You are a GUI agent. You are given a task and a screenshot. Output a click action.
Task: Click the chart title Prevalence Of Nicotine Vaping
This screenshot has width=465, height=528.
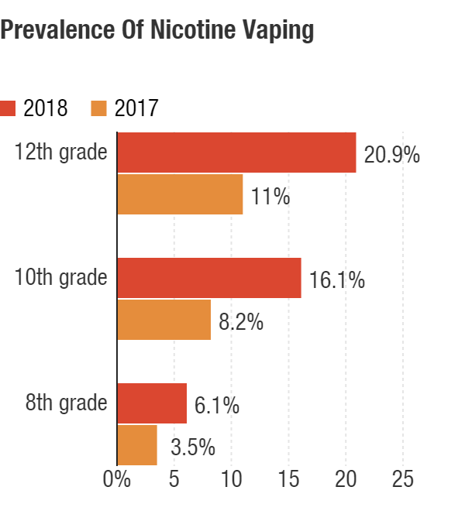(157, 30)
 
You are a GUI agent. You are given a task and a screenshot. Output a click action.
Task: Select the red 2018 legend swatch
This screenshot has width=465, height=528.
(8, 108)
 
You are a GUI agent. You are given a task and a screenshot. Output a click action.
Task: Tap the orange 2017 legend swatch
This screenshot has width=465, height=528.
(98, 108)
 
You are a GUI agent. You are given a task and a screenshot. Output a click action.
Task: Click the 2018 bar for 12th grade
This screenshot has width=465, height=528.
(236, 153)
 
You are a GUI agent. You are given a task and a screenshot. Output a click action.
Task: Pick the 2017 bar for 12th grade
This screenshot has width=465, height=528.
(180, 194)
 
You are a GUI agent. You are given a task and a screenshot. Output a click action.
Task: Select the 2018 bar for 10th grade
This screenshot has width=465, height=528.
(209, 277)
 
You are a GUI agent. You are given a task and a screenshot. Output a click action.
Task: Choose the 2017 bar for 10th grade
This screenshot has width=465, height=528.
(164, 319)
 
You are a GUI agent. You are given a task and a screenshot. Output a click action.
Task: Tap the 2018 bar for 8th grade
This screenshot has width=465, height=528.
(152, 403)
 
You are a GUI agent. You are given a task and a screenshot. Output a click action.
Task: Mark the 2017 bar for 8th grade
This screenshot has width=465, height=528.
(137, 444)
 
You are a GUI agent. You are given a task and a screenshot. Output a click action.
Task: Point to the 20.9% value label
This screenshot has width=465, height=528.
(392, 155)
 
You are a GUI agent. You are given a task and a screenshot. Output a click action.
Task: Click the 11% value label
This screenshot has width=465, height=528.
(270, 197)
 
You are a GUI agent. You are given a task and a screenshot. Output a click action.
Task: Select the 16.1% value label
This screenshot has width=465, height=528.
(337, 279)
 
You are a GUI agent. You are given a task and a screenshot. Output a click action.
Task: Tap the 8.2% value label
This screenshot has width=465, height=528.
(241, 321)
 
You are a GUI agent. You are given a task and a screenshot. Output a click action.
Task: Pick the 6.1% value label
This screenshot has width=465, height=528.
(217, 405)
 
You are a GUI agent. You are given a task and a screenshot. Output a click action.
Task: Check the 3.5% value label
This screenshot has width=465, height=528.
(193, 447)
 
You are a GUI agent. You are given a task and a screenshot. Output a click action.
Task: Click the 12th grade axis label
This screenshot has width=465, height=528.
(61, 152)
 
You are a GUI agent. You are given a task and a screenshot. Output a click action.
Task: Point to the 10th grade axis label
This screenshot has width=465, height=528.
(61, 276)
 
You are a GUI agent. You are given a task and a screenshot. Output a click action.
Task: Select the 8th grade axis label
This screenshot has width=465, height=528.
(66, 402)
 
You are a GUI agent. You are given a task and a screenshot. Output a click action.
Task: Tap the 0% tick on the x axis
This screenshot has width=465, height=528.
(118, 478)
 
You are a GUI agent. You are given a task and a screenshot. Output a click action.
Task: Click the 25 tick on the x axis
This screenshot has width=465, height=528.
(403, 478)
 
